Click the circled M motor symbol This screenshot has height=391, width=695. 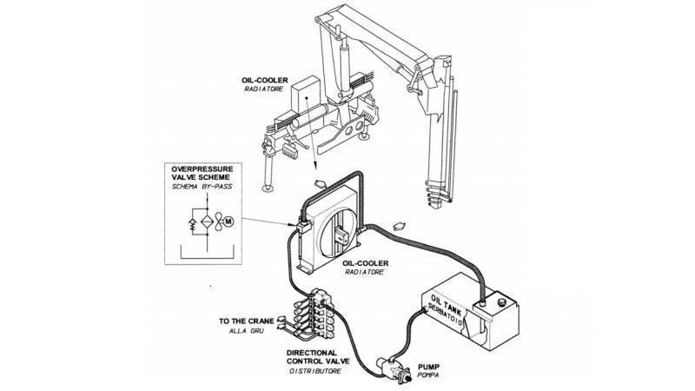tap(230, 222)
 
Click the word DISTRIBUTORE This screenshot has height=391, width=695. tap(315, 371)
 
